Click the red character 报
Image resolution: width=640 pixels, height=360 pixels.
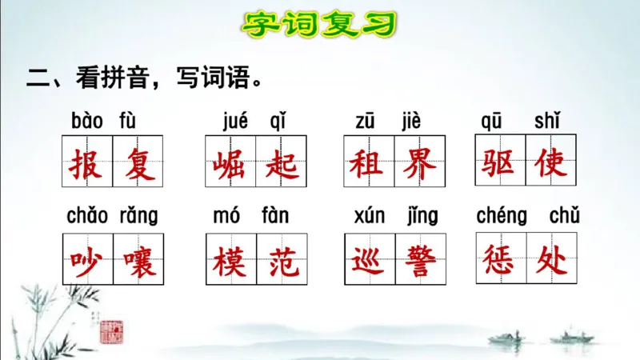pos(87,164)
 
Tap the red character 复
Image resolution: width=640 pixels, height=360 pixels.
pos(138,164)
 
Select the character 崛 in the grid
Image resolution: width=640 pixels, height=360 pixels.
pos(230,164)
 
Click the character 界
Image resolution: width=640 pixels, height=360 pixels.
pos(419,164)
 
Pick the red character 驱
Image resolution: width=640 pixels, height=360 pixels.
pos(500,163)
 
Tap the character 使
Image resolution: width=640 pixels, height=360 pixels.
pos(551,163)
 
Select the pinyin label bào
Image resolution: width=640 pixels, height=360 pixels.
pos(87,122)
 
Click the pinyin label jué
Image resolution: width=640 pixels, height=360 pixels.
pos(235,122)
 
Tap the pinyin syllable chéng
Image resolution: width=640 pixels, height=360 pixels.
pos(502,216)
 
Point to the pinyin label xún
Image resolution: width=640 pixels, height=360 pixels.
pos(370,216)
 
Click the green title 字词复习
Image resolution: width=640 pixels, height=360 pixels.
pos(319,25)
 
